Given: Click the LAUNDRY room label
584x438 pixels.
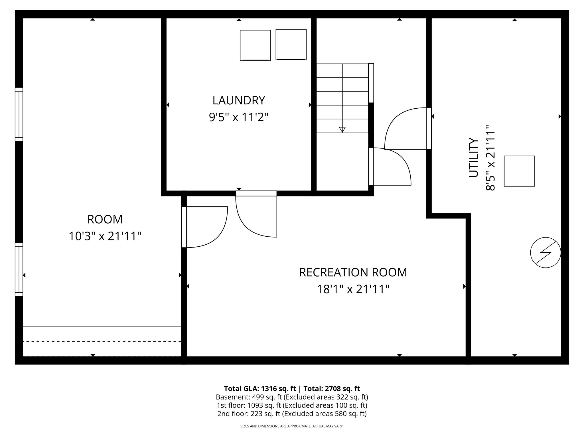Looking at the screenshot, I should click(x=239, y=100).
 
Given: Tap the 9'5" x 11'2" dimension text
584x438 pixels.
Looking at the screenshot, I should click(x=239, y=117).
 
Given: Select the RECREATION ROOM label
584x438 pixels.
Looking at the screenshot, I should click(x=353, y=272).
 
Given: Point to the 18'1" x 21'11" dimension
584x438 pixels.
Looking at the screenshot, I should click(x=353, y=289).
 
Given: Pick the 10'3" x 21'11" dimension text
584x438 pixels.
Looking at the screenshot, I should click(x=105, y=236).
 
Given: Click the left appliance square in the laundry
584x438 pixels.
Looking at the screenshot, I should click(x=255, y=45).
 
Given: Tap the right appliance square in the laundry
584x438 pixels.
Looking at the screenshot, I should click(x=291, y=44).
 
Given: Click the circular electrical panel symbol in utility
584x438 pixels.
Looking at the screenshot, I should click(x=545, y=252).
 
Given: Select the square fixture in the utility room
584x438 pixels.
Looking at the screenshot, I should click(x=519, y=171).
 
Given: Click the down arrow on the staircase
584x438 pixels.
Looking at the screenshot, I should click(x=342, y=129).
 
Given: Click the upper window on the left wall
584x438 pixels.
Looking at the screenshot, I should click(x=19, y=114).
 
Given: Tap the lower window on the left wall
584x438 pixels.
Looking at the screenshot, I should click(x=19, y=269).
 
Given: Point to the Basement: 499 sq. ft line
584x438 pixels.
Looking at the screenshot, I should click(x=292, y=397).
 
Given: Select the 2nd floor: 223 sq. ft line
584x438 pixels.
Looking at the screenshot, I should click(x=292, y=413).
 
